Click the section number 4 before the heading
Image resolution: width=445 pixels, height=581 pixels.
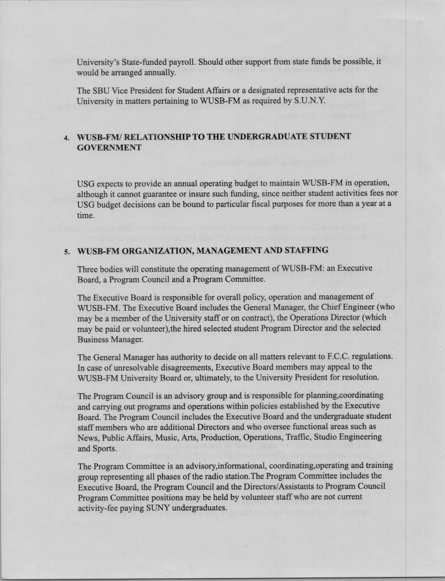(x=66, y=138)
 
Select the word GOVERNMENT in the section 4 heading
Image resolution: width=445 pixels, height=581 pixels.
(x=109, y=148)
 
